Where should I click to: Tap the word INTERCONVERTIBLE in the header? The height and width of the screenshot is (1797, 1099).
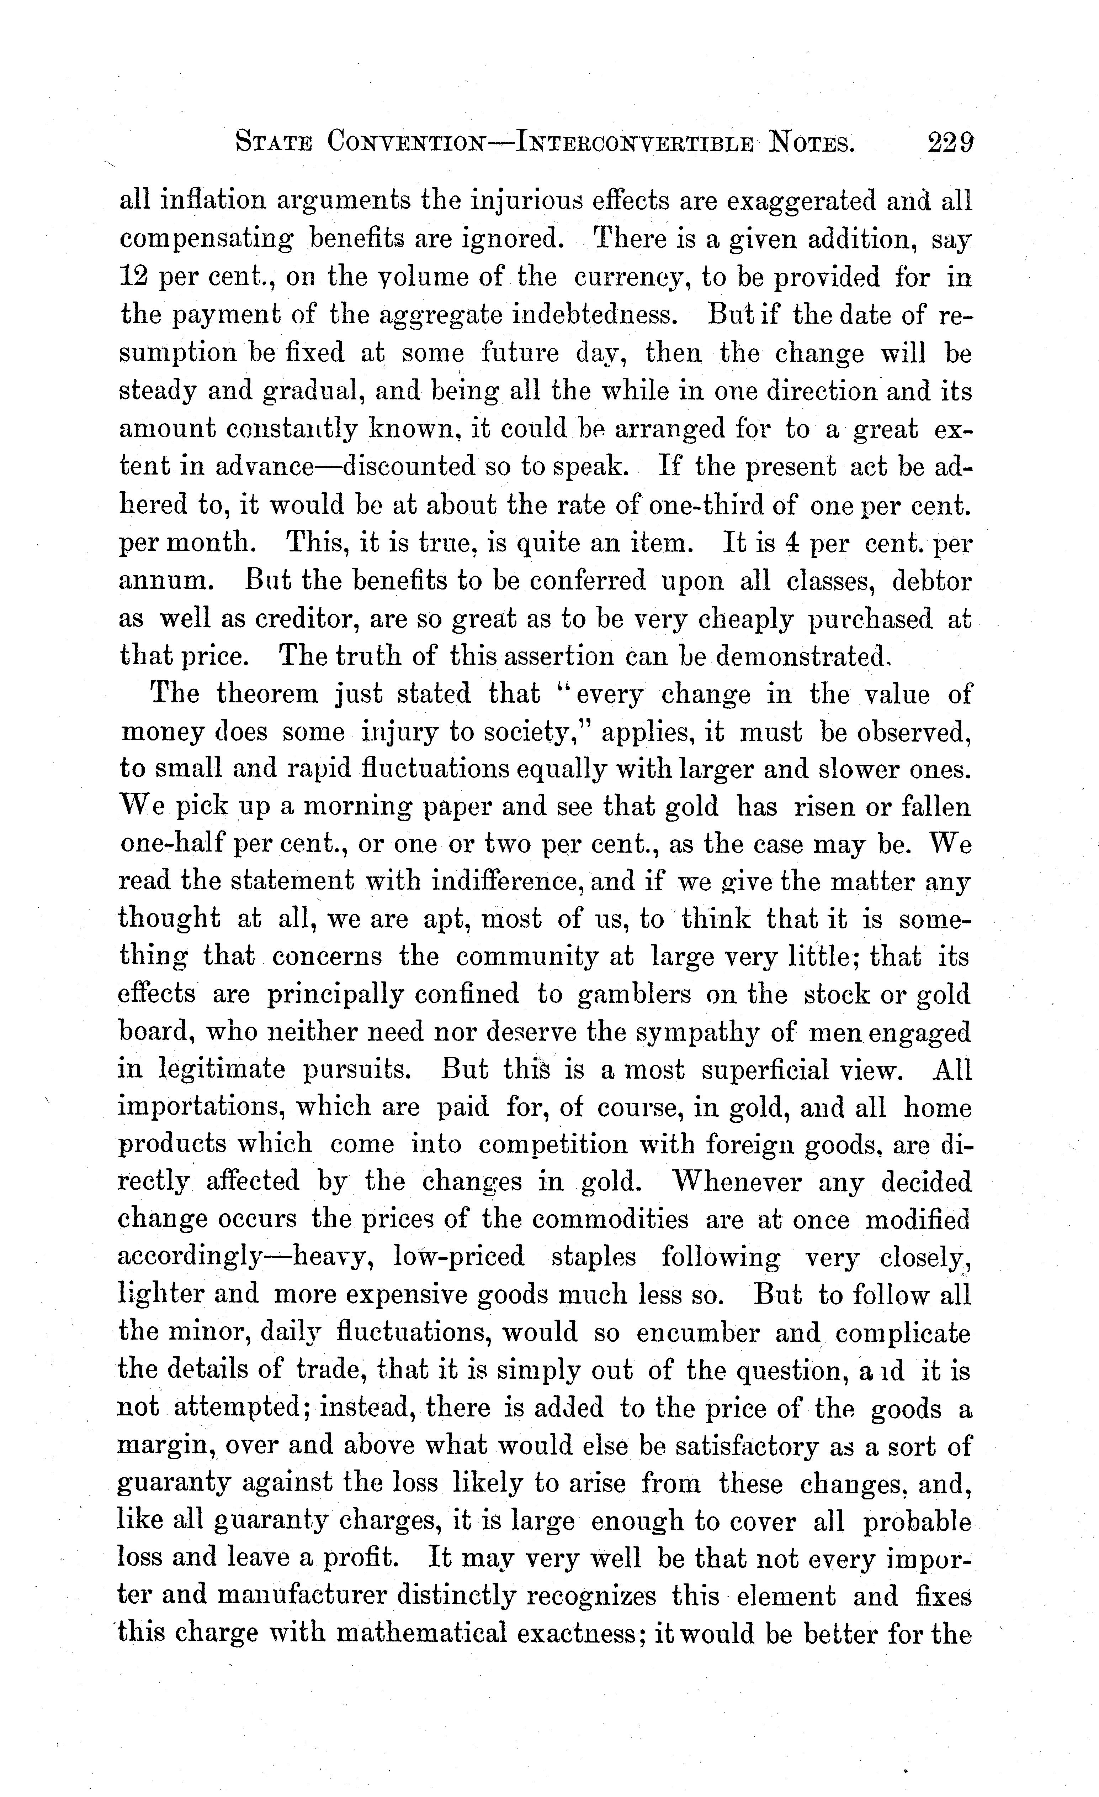[634, 141]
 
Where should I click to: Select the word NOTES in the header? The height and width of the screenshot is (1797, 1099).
[813, 141]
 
